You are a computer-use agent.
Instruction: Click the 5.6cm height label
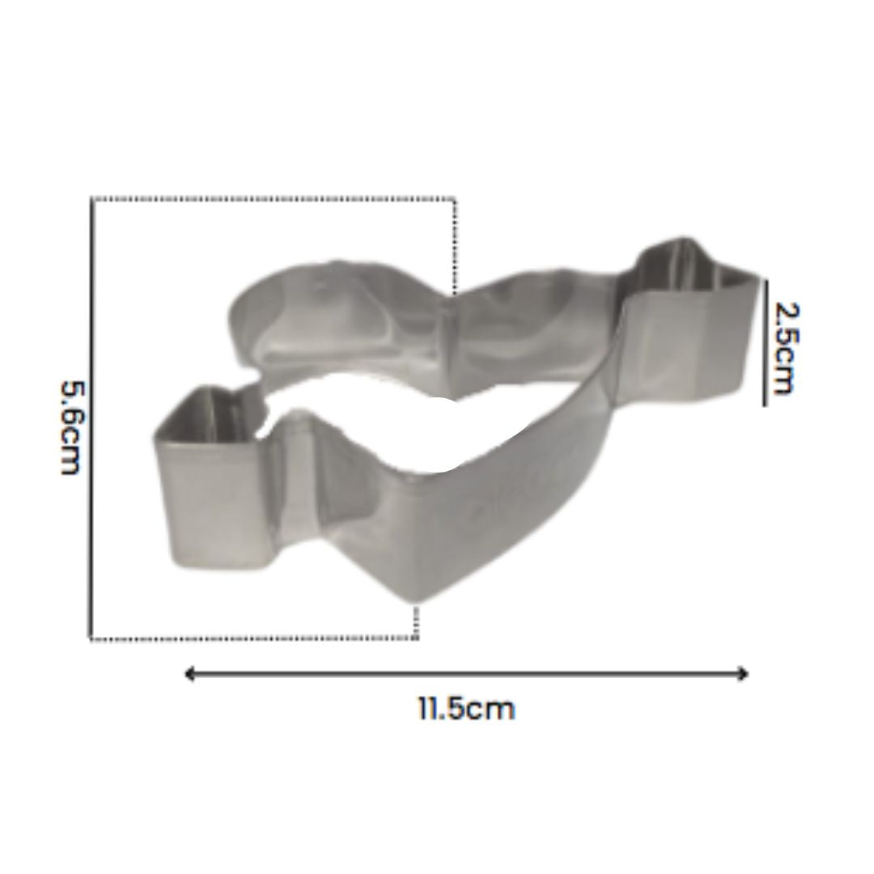[71, 427]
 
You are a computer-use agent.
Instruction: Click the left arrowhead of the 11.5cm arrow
[189, 674]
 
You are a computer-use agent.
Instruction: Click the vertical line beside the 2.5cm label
[764, 343]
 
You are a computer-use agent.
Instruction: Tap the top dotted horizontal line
[274, 198]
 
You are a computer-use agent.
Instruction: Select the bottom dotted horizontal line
[253, 638]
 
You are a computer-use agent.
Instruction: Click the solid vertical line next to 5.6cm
[91, 418]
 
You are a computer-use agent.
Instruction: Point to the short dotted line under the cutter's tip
[415, 622]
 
